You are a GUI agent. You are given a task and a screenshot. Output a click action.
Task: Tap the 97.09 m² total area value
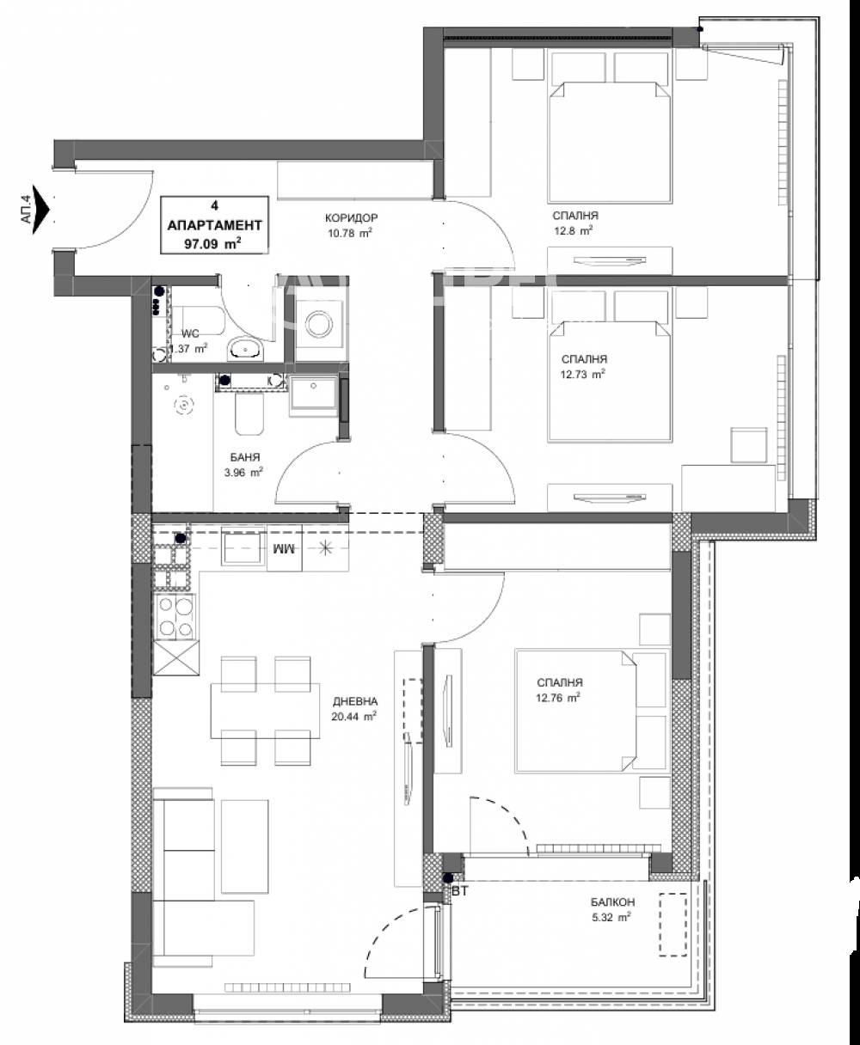tap(206, 243)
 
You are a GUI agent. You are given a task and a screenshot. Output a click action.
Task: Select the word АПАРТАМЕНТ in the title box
tap(213, 223)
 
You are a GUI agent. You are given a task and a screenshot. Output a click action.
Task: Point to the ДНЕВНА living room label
tap(355, 700)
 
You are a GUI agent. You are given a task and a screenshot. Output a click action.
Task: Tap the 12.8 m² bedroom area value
tap(574, 230)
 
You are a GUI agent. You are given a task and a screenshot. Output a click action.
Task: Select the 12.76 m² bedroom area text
tap(557, 697)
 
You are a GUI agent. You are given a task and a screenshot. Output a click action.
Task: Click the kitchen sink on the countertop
tap(244, 547)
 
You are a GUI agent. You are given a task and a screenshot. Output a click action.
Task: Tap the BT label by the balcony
tap(460, 892)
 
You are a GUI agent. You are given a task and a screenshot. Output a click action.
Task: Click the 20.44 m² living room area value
tap(355, 715)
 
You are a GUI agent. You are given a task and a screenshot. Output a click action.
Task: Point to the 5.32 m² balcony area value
tap(612, 916)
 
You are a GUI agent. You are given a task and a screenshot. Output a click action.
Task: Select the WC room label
tap(190, 333)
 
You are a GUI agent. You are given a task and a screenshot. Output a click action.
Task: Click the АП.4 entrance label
tap(26, 210)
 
